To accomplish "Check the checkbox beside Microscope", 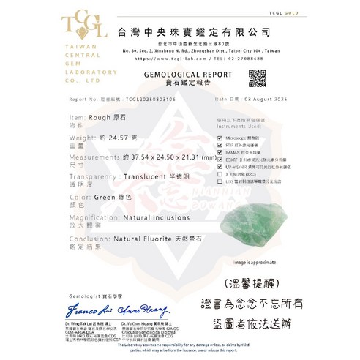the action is click(219, 138).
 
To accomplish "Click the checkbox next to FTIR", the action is click(219, 145).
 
